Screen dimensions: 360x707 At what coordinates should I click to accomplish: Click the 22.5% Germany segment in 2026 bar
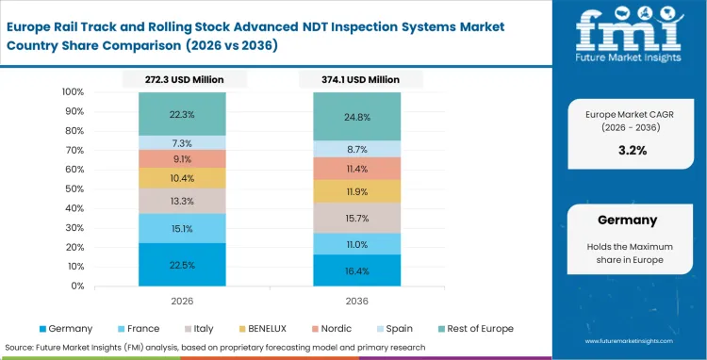point(182,264)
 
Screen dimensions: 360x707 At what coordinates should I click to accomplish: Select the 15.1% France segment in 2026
point(182,227)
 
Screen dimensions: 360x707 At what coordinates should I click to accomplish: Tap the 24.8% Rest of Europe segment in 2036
point(358,117)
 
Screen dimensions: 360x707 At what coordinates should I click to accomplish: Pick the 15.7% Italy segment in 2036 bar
point(358,218)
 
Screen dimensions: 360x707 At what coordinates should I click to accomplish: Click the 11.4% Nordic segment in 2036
point(358,169)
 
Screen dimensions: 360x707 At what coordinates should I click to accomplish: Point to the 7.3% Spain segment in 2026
point(182,142)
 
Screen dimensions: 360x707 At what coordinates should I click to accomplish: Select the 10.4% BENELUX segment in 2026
point(182,178)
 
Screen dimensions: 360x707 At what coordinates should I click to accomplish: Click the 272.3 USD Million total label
point(182,80)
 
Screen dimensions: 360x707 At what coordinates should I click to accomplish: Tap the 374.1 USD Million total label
point(358,80)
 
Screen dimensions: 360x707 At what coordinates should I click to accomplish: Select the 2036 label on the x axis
point(358,300)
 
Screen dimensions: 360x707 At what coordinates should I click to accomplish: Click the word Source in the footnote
point(22,346)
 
